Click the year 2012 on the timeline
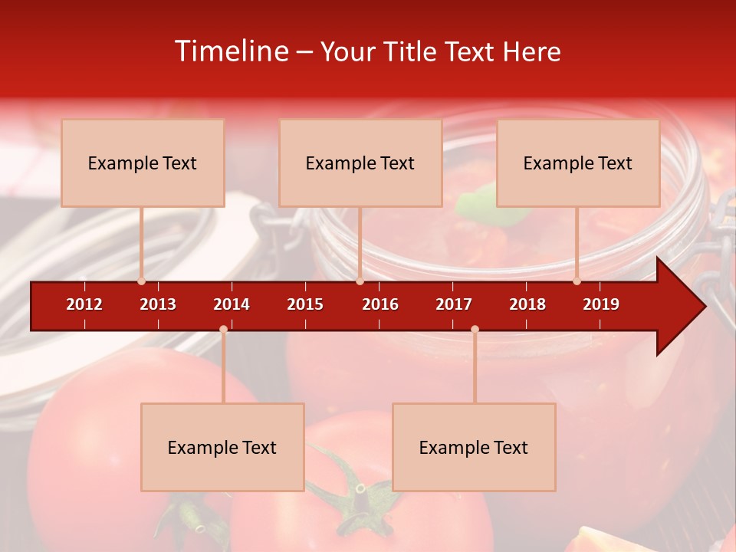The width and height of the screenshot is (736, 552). (x=84, y=304)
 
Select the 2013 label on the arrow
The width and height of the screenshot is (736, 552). (x=158, y=304)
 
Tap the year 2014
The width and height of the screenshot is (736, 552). (x=232, y=304)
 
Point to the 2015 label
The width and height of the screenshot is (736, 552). (x=305, y=304)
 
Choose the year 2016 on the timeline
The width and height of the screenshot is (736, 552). (x=380, y=304)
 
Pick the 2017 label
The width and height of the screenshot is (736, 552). (x=454, y=304)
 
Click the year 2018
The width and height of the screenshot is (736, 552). (x=527, y=304)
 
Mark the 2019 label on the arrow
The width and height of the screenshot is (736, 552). (x=601, y=304)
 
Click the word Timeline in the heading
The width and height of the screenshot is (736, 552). (x=230, y=51)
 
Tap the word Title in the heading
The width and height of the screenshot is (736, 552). (x=413, y=51)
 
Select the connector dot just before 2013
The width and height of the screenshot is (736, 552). (x=141, y=281)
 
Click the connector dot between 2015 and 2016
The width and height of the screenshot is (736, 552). (x=360, y=281)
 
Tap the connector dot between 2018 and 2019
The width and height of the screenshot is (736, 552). (x=577, y=281)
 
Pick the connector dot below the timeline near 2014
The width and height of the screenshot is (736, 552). (x=223, y=330)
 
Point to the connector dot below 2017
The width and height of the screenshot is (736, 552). (x=475, y=330)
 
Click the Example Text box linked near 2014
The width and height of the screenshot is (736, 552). (x=222, y=447)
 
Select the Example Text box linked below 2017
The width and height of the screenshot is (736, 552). (x=474, y=447)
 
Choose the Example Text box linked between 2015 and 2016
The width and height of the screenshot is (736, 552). (x=360, y=163)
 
